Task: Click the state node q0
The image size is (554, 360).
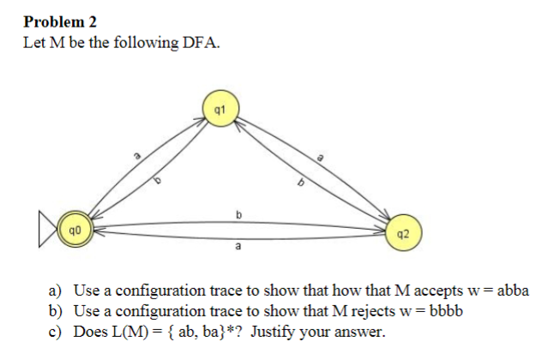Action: click(x=76, y=231)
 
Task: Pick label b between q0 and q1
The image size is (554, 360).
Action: click(x=158, y=181)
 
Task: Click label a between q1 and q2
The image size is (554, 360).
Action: click(x=321, y=158)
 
